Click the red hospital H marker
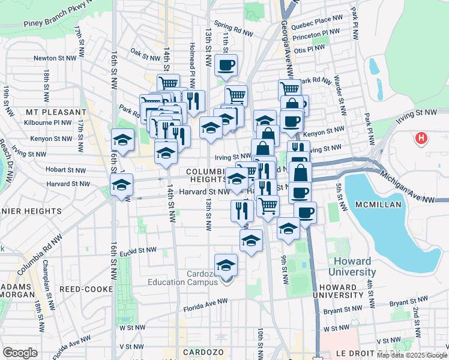(x=421, y=139)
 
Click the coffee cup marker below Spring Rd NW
(x=226, y=65)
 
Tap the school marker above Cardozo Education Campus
(x=226, y=265)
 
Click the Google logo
(x=20, y=352)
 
